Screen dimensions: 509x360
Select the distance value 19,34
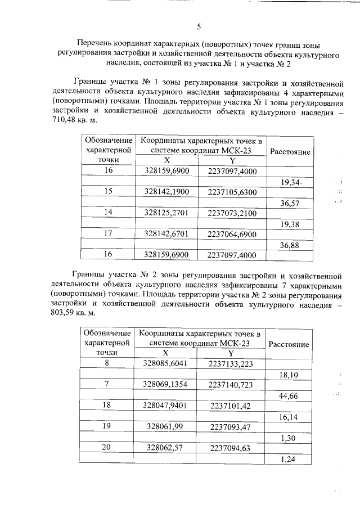tap(291, 182)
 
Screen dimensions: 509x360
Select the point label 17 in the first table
tap(108, 233)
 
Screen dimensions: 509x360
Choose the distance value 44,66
tap(290, 395)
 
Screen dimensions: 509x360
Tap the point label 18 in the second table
tap(107, 406)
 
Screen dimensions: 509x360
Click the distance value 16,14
tap(290, 417)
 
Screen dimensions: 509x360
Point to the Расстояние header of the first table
tap(290, 152)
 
